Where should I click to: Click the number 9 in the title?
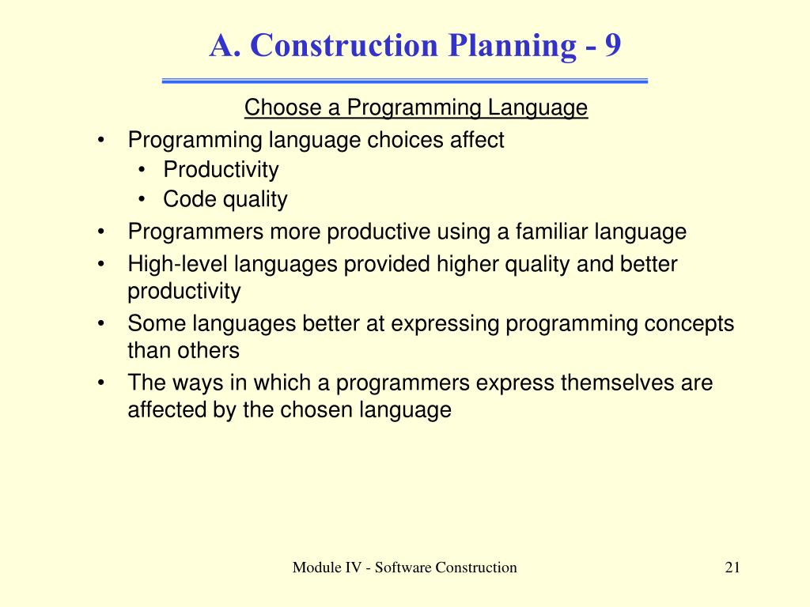click(x=613, y=45)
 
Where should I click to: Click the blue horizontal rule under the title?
click(x=404, y=81)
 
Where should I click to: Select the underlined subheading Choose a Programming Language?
click(x=416, y=107)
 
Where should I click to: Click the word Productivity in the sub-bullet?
click(x=221, y=170)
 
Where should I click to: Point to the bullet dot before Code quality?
click(x=142, y=199)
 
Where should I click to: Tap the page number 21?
click(x=732, y=567)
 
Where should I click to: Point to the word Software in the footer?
click(x=403, y=567)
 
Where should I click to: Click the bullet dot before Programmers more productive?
click(x=101, y=232)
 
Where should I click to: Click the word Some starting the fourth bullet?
click(x=157, y=324)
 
